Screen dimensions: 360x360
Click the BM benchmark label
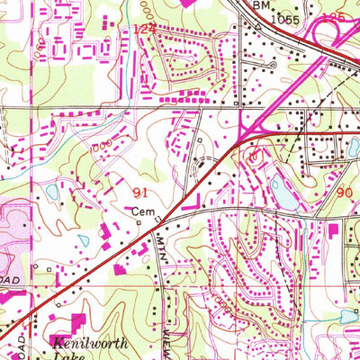[260, 5]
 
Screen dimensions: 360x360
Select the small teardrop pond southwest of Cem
[83, 240]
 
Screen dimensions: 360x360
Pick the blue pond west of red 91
[51, 192]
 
